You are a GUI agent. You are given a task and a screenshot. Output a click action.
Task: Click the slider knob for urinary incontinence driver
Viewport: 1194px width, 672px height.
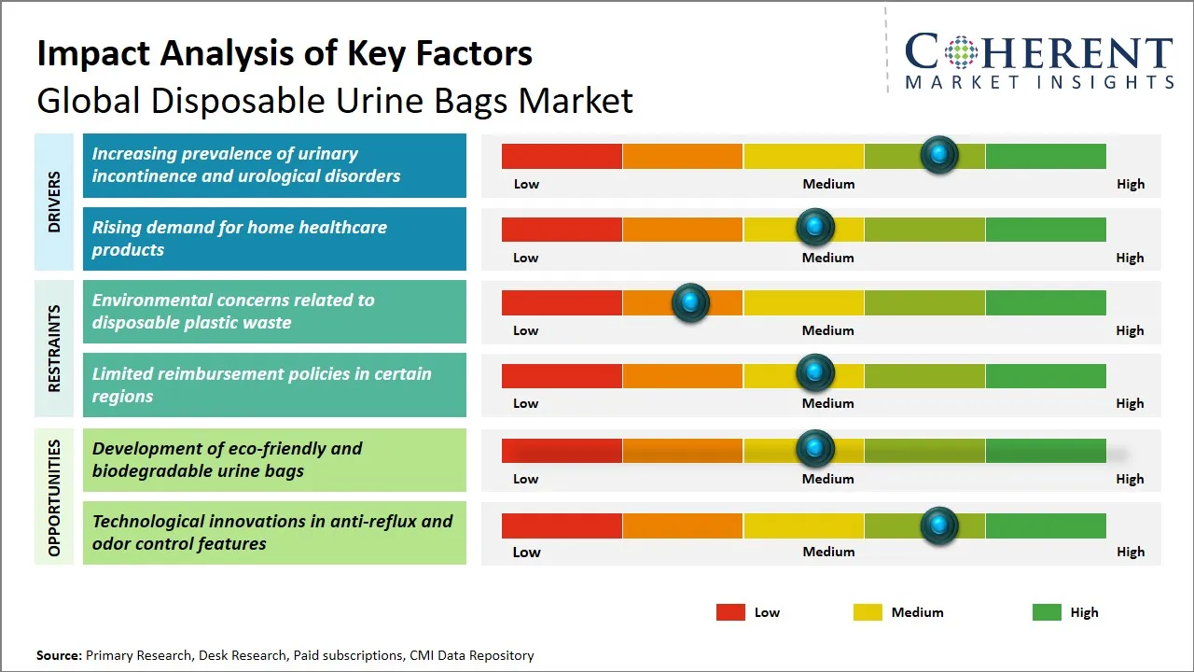(x=939, y=154)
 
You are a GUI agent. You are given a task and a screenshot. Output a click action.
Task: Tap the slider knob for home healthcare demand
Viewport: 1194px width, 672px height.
(x=815, y=227)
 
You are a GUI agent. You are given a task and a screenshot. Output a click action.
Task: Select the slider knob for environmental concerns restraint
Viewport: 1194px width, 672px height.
(x=690, y=302)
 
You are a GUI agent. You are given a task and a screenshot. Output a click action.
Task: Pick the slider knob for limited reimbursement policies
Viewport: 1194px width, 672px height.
(x=815, y=373)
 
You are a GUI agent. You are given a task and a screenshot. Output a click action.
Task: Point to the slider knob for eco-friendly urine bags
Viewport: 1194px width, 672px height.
(x=815, y=449)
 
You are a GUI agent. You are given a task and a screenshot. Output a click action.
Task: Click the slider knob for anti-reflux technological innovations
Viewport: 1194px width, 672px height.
(x=938, y=525)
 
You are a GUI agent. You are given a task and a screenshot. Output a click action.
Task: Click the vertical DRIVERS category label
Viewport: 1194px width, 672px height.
(x=54, y=202)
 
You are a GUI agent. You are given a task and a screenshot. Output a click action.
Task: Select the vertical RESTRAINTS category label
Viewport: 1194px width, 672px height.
(x=54, y=347)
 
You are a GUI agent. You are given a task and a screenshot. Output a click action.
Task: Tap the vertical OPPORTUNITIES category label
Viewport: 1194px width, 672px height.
(x=54, y=497)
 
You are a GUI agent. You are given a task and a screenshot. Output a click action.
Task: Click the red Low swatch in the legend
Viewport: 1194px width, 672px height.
(x=730, y=612)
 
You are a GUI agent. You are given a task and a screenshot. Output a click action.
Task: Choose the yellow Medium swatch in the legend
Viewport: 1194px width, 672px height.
(x=868, y=612)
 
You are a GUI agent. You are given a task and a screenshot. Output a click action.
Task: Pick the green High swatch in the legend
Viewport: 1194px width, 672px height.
(x=1047, y=612)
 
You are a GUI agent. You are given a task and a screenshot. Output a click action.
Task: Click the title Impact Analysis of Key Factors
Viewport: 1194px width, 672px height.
(x=285, y=53)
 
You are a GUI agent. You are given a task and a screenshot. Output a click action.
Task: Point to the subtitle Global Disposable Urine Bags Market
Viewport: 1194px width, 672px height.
(x=334, y=100)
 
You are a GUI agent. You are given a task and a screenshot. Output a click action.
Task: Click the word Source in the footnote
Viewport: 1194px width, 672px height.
(x=59, y=655)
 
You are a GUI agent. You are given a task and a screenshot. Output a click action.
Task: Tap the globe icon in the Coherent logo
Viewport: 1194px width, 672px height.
(x=958, y=52)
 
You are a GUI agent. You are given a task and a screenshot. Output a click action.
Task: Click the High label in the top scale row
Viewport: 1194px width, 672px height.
(x=1130, y=184)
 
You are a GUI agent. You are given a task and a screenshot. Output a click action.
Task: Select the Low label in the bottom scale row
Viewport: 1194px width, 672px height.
(x=526, y=552)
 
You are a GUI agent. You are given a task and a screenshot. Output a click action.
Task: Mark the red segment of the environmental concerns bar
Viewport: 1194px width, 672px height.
(x=562, y=302)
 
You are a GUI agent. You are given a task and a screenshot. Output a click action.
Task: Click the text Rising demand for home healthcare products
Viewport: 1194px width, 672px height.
(x=239, y=238)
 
